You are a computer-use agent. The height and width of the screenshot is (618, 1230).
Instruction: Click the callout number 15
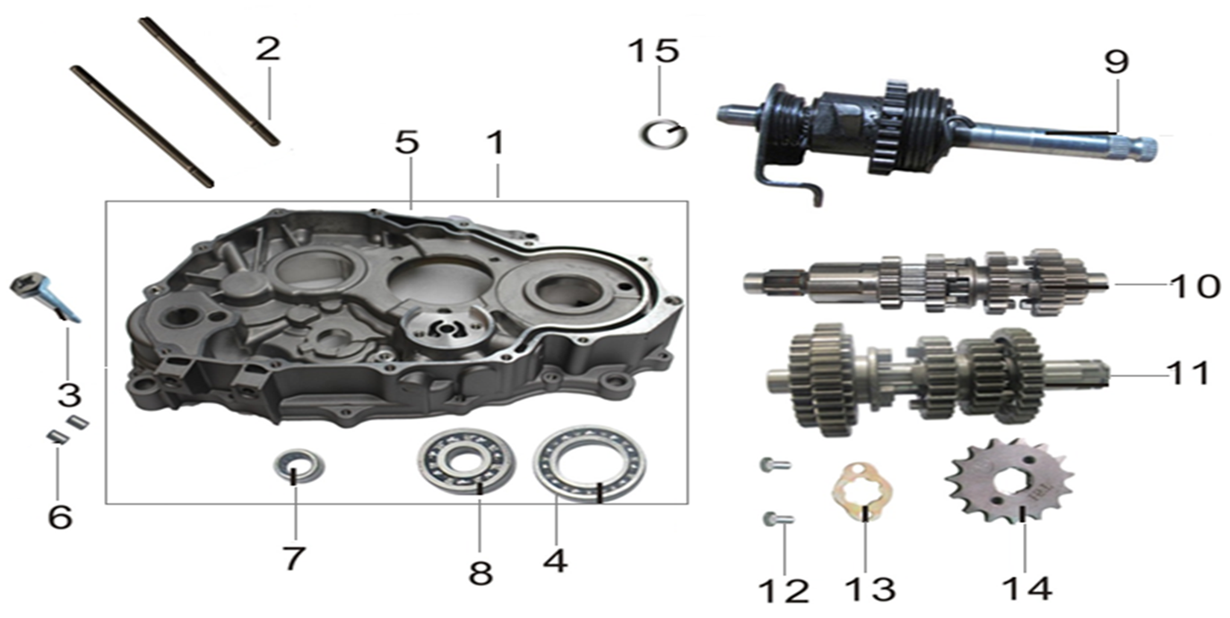(654, 51)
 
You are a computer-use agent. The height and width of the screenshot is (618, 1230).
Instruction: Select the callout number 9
(1116, 62)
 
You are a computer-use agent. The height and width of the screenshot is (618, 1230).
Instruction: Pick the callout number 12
(783, 591)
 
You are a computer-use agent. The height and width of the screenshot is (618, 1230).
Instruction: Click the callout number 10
(1195, 286)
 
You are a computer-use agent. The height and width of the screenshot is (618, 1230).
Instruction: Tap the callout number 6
(60, 517)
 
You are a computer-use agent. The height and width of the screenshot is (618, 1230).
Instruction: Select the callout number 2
(267, 48)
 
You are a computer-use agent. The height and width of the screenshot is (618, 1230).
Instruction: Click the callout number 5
(407, 142)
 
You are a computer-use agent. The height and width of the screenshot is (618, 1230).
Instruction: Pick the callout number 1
(496, 142)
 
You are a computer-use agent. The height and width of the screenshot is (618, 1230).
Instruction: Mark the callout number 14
(1026, 588)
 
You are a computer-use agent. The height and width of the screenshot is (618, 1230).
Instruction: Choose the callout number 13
(871, 589)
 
